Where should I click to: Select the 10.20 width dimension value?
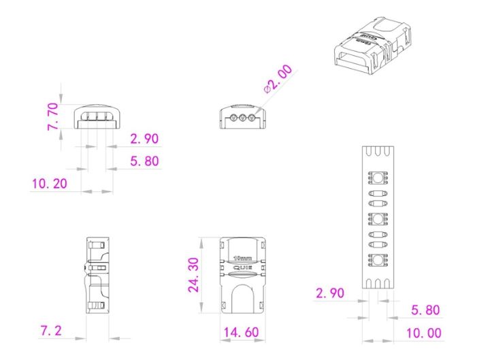[x=50, y=184]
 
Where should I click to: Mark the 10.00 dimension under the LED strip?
[x=423, y=333]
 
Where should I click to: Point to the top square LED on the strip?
[x=377, y=179]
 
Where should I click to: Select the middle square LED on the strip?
[x=377, y=219]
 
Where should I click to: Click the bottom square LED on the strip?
[x=377, y=259]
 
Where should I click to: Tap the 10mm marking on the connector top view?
[x=242, y=259]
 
